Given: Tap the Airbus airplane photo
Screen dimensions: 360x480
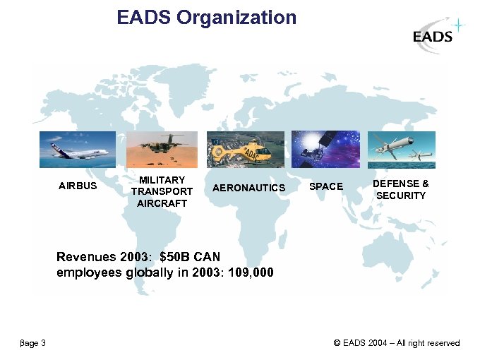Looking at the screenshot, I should click(77, 149).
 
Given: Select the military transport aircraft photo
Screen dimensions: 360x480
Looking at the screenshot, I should click(162, 149).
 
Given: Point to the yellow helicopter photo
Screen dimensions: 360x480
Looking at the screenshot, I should click(245, 149).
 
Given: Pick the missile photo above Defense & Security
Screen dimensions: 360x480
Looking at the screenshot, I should click(401, 149).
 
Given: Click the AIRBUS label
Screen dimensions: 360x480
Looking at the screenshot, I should click(78, 187).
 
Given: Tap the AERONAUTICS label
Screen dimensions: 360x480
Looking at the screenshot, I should click(248, 188).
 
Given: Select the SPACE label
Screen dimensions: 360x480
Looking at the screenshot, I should click(326, 187).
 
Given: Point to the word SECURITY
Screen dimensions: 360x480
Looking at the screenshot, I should click(401, 196).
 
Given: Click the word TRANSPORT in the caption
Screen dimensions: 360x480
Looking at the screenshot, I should click(162, 191).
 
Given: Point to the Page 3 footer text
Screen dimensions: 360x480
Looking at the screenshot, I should click(32, 344).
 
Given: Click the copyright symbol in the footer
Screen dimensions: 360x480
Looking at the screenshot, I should click(337, 344).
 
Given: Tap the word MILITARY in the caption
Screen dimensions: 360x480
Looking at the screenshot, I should click(162, 180).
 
